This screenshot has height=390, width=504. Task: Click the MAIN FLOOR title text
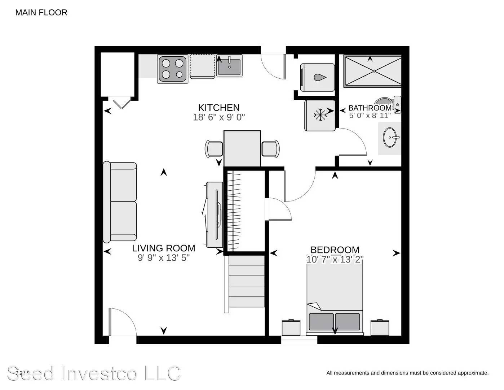click(41, 13)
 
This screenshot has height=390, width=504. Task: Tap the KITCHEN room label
click(219, 108)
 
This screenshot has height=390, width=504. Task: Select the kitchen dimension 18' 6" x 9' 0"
click(219, 117)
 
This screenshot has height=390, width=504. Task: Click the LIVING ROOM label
click(163, 248)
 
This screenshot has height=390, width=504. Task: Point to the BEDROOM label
click(335, 250)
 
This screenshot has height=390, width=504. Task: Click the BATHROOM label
click(370, 108)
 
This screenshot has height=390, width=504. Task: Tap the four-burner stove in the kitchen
click(172, 69)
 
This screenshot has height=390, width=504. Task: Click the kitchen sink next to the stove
click(229, 67)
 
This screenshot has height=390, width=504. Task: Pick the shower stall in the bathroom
click(372, 71)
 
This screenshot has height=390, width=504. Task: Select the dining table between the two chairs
click(242, 148)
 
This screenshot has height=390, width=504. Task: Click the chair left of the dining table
click(214, 149)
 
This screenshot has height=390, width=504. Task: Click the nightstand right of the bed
click(380, 327)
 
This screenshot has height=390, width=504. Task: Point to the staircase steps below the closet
click(246, 281)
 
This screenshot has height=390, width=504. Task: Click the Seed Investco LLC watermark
click(94, 373)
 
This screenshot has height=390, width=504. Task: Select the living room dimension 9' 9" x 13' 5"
click(163, 258)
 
